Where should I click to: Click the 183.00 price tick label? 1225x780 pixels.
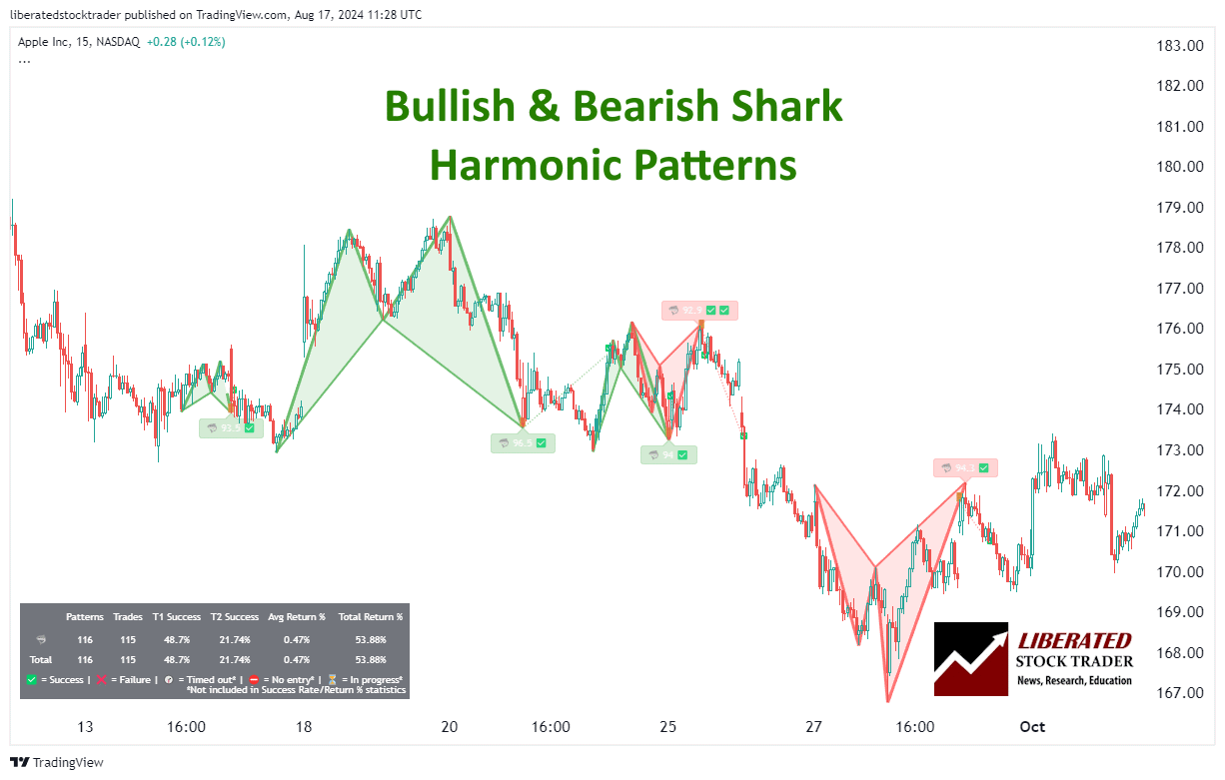click(1180, 45)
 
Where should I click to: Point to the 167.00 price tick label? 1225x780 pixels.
click(1180, 693)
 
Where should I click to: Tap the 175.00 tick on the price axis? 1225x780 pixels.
click(1180, 370)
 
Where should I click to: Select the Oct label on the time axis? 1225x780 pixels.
click(1032, 727)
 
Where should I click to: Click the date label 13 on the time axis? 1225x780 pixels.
click(85, 727)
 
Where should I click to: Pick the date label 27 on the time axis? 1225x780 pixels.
click(814, 727)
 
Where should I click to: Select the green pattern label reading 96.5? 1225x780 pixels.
click(523, 442)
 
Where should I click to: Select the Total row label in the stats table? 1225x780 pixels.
click(41, 659)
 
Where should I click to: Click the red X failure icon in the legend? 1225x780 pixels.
click(101, 679)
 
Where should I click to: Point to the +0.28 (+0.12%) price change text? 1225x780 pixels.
click(186, 42)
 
